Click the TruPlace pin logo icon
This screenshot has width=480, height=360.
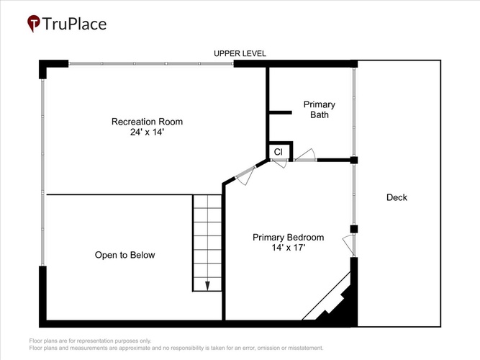[34, 23]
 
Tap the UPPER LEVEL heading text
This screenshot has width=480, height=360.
[240, 53]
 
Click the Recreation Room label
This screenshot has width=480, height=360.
[147, 122]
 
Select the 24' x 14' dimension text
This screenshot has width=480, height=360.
[147, 132]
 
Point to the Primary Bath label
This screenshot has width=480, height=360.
[320, 109]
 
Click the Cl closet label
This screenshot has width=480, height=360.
[279, 152]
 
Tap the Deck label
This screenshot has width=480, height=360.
[397, 197]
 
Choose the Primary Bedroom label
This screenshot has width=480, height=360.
[288, 237]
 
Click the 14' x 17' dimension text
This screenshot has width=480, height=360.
[289, 247]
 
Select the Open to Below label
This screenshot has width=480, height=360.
[124, 255]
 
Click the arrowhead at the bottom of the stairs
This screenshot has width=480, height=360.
[207, 286]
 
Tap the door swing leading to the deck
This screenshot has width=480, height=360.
[349, 245]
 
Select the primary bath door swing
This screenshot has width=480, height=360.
[305, 155]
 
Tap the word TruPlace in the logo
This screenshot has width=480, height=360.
[74, 24]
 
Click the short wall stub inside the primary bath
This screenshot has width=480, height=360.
[280, 113]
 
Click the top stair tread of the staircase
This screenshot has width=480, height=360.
[207, 202]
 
